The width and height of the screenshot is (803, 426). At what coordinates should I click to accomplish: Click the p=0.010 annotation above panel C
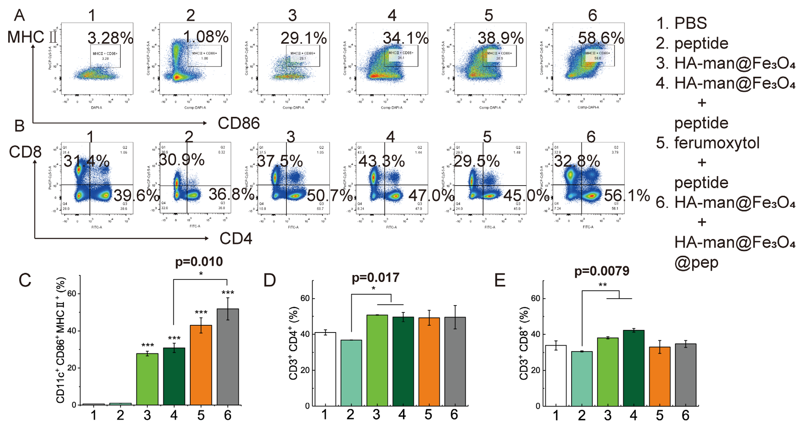pyautogui.click(x=199, y=262)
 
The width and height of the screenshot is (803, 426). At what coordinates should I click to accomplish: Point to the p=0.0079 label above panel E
pyautogui.click(x=602, y=271)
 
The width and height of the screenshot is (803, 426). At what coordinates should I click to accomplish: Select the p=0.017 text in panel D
pyautogui.click(x=375, y=277)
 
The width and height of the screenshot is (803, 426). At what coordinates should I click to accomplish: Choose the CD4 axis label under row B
pyautogui.click(x=236, y=238)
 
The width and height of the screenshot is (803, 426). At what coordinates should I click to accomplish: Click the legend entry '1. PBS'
pyautogui.click(x=681, y=23)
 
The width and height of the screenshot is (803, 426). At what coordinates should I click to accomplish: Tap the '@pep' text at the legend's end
pyautogui.click(x=696, y=262)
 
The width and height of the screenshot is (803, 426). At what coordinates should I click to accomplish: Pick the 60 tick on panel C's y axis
pyautogui.click(x=72, y=294)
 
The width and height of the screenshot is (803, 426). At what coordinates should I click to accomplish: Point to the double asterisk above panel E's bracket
pyautogui.click(x=602, y=285)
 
